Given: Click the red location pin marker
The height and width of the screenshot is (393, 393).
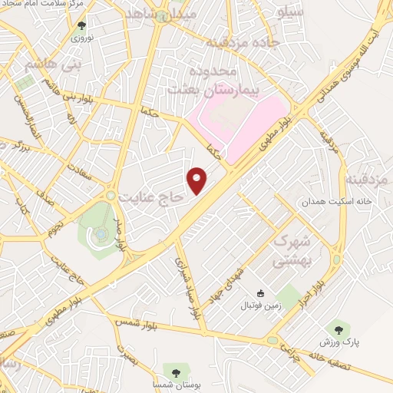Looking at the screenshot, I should (x=199, y=180).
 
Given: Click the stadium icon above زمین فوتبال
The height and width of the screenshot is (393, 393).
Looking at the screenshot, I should (x=260, y=292).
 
